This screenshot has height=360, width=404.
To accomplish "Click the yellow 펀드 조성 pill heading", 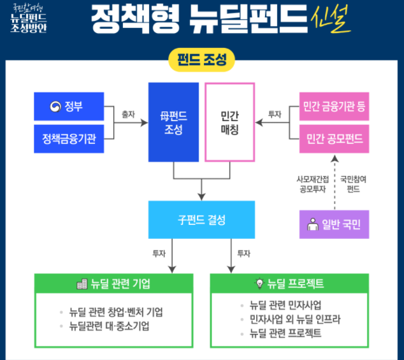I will (x=201, y=61).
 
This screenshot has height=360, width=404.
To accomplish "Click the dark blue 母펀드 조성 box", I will (x=174, y=122).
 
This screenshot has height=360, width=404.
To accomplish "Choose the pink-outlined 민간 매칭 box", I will (x=229, y=122).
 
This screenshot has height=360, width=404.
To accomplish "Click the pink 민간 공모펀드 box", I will (x=334, y=139).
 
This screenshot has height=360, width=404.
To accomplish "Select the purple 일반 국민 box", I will (x=334, y=224).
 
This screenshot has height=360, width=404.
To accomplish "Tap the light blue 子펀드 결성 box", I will (x=201, y=220).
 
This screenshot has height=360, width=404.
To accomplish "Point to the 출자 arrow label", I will (x=129, y=114).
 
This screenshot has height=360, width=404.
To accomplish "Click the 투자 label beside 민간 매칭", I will (x=275, y=114).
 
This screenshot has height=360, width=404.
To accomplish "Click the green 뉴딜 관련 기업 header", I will (x=113, y=284).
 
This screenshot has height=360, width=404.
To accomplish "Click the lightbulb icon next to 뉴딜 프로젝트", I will (x=259, y=284).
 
